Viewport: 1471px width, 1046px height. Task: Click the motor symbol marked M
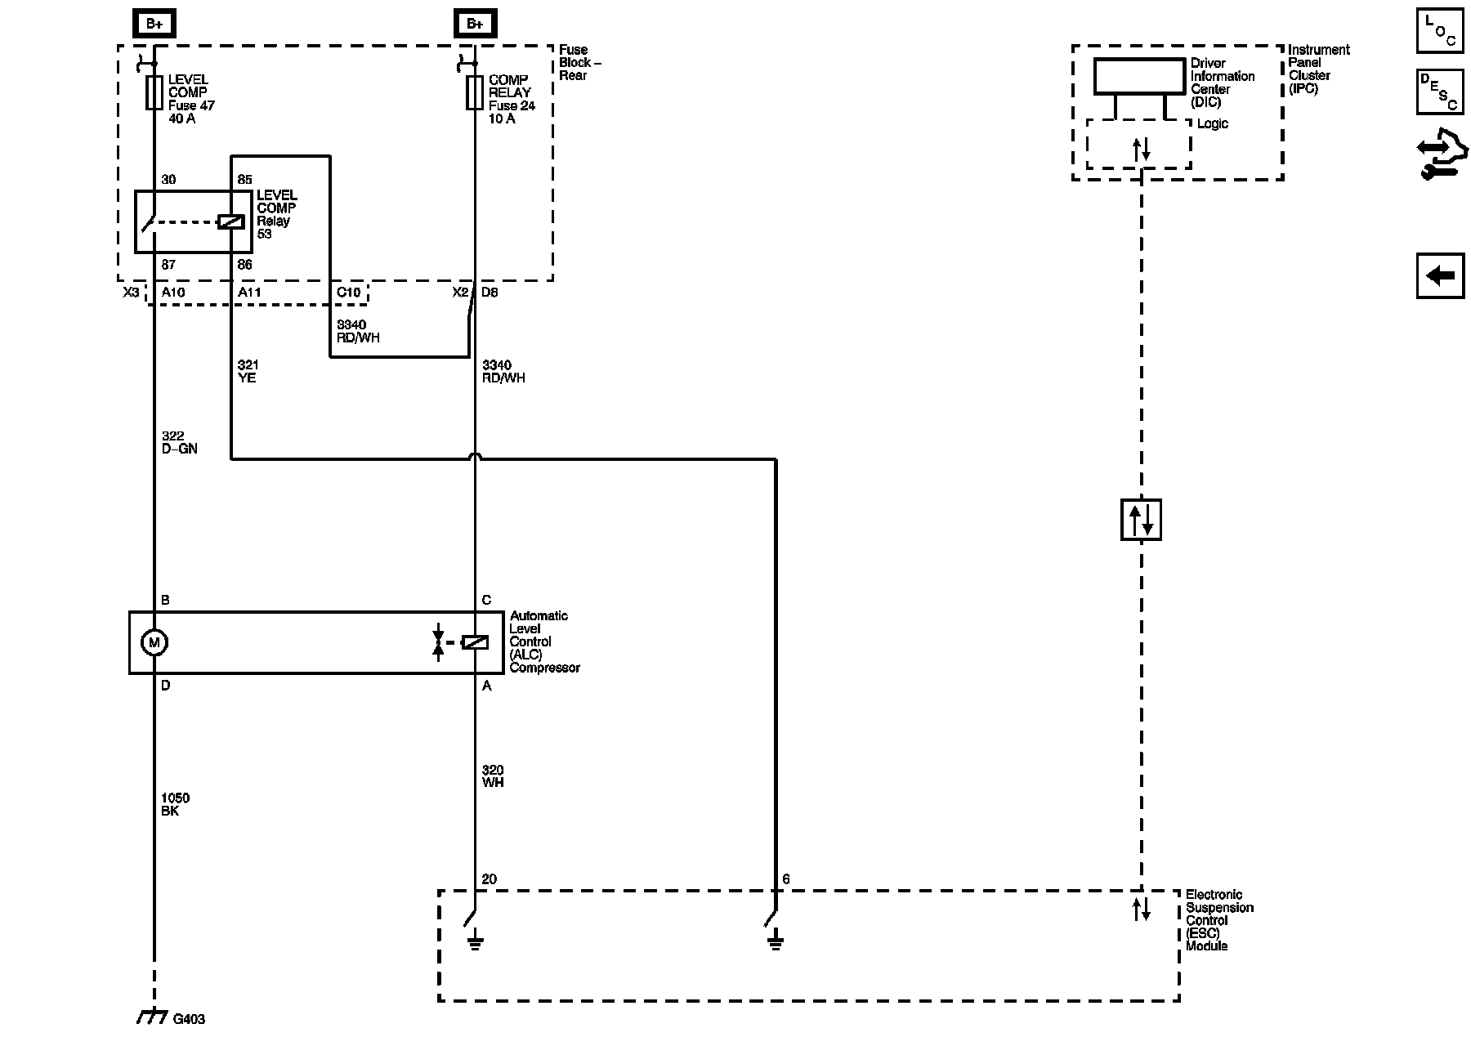coord(154,642)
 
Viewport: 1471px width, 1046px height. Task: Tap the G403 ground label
coord(189,1019)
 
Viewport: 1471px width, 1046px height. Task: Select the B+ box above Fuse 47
coord(154,25)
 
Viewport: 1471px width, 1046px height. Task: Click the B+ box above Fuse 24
coord(475,25)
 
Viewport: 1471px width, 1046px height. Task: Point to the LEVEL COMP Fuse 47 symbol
coord(154,93)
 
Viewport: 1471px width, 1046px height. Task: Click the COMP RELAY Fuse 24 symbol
coord(475,93)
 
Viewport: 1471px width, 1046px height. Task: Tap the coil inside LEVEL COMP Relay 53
coord(231,221)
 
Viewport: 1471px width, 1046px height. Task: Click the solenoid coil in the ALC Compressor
coord(475,642)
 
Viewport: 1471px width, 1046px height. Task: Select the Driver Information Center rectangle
coord(1139,76)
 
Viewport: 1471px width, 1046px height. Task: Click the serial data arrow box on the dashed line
coord(1141,520)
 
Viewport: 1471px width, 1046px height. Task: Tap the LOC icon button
coord(1440,30)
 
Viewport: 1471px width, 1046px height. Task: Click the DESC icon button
coord(1440,92)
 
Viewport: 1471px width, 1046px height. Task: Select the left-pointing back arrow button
coord(1440,275)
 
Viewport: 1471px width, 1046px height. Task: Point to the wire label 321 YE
coord(248,371)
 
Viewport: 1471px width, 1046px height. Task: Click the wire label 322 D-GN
coord(179,442)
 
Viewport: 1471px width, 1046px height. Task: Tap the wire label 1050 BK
coord(176,804)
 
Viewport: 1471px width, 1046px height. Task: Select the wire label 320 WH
coord(493,776)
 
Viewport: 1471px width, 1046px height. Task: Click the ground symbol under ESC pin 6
coord(776,943)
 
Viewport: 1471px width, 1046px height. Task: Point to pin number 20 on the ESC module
coord(489,879)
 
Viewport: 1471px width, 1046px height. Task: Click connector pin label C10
coord(348,292)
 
